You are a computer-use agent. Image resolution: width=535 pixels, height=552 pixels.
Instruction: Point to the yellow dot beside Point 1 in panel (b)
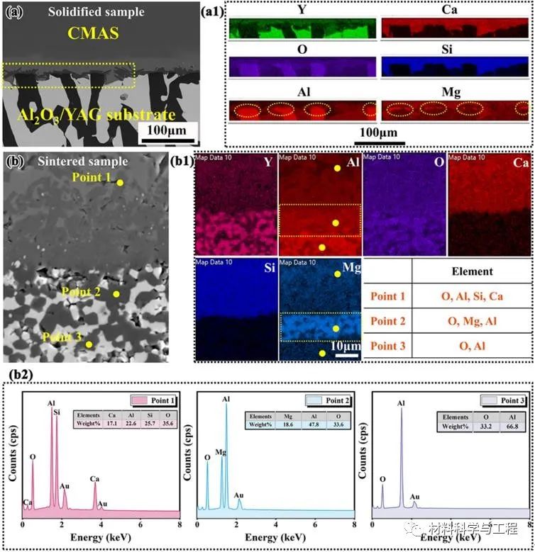pos(120,182)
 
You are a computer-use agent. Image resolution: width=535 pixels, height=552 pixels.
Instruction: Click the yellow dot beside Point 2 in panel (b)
pos(117,293)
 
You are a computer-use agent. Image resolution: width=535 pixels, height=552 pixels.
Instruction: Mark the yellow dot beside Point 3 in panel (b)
pos(89,344)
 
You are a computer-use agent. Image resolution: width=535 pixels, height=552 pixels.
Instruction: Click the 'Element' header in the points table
pos(472,271)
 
